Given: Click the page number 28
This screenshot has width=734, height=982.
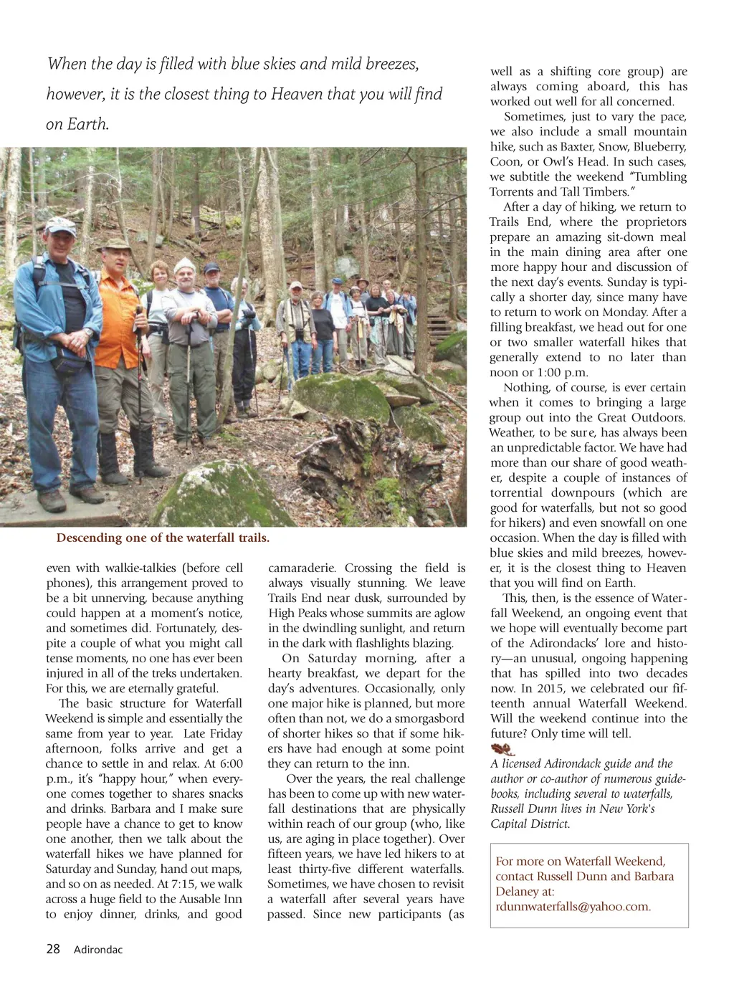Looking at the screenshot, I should (53, 949).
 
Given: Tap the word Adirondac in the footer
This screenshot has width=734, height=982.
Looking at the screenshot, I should (98, 950).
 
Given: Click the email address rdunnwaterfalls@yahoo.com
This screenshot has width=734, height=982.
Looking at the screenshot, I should (573, 907).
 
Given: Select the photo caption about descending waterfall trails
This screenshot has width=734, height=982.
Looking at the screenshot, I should (163, 538).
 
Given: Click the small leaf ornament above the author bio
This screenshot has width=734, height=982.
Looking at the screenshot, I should (503, 749).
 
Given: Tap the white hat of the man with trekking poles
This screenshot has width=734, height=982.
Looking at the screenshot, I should (184, 264).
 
